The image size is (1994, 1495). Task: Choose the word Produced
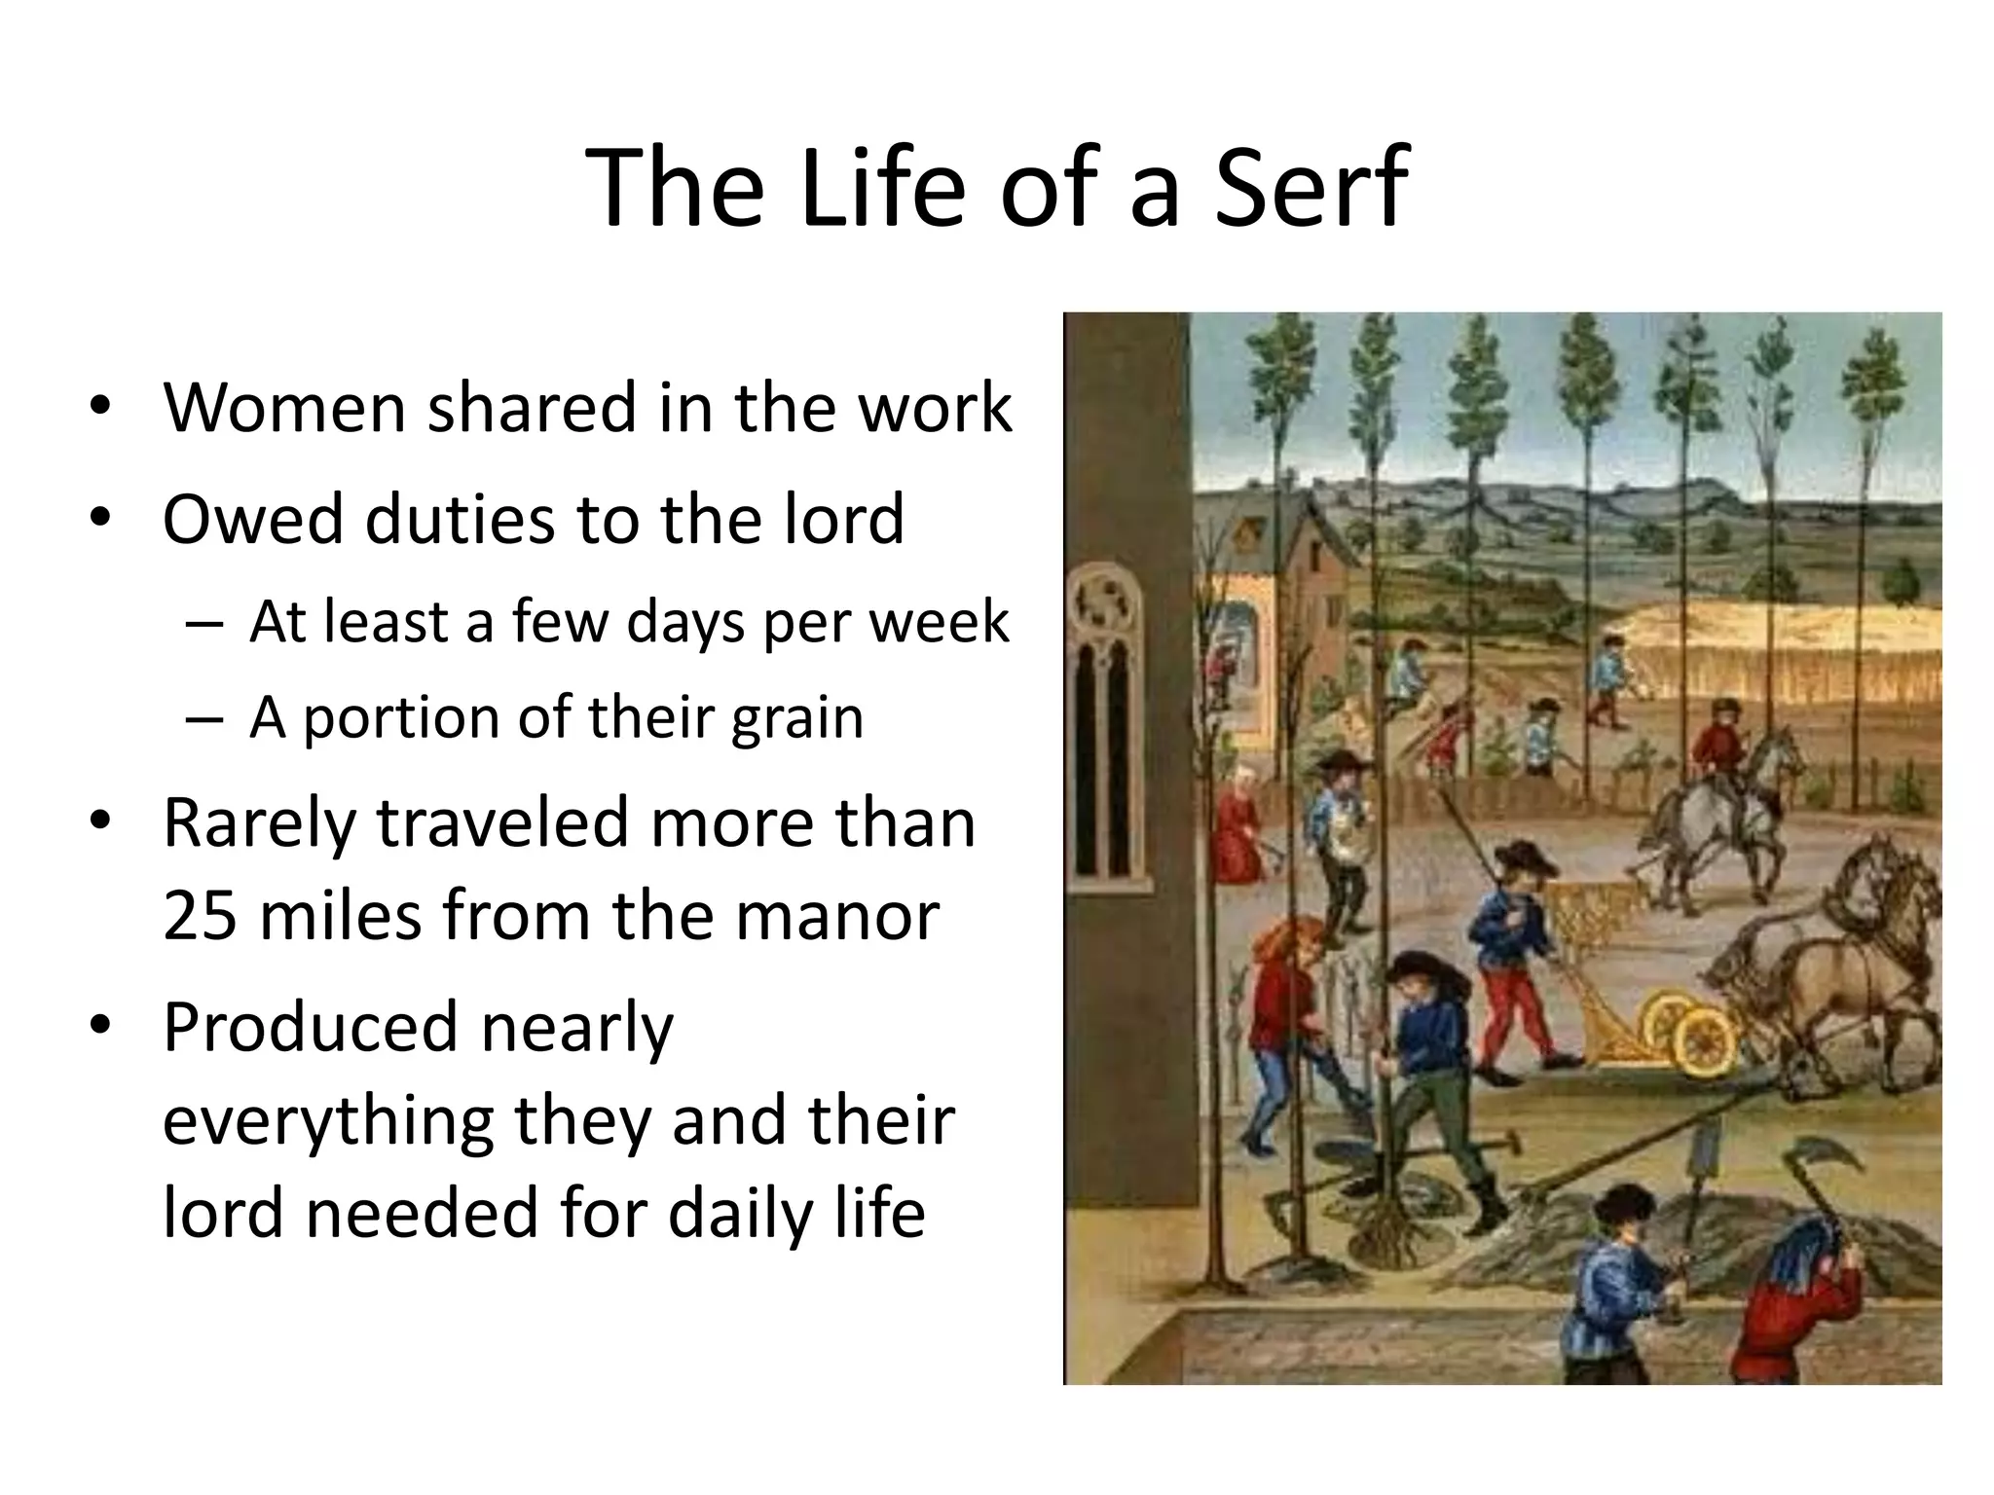(x=310, y=1027)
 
